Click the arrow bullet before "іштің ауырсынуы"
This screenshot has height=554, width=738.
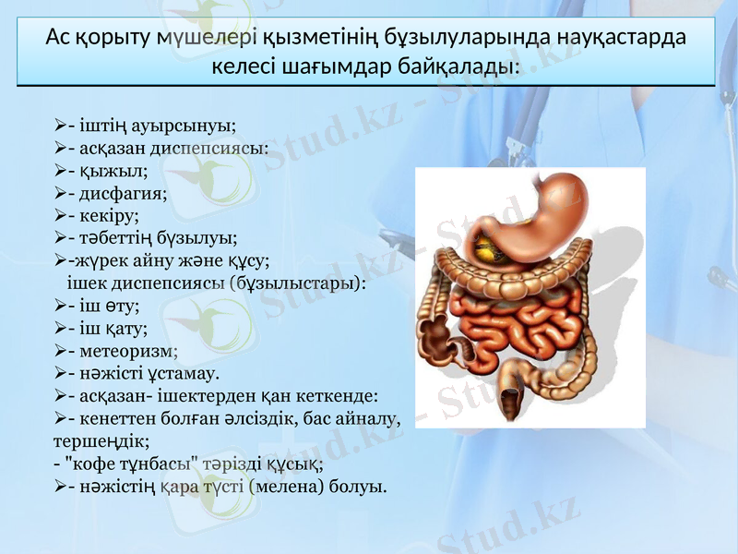60,126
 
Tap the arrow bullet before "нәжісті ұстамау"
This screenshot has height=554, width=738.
60,373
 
